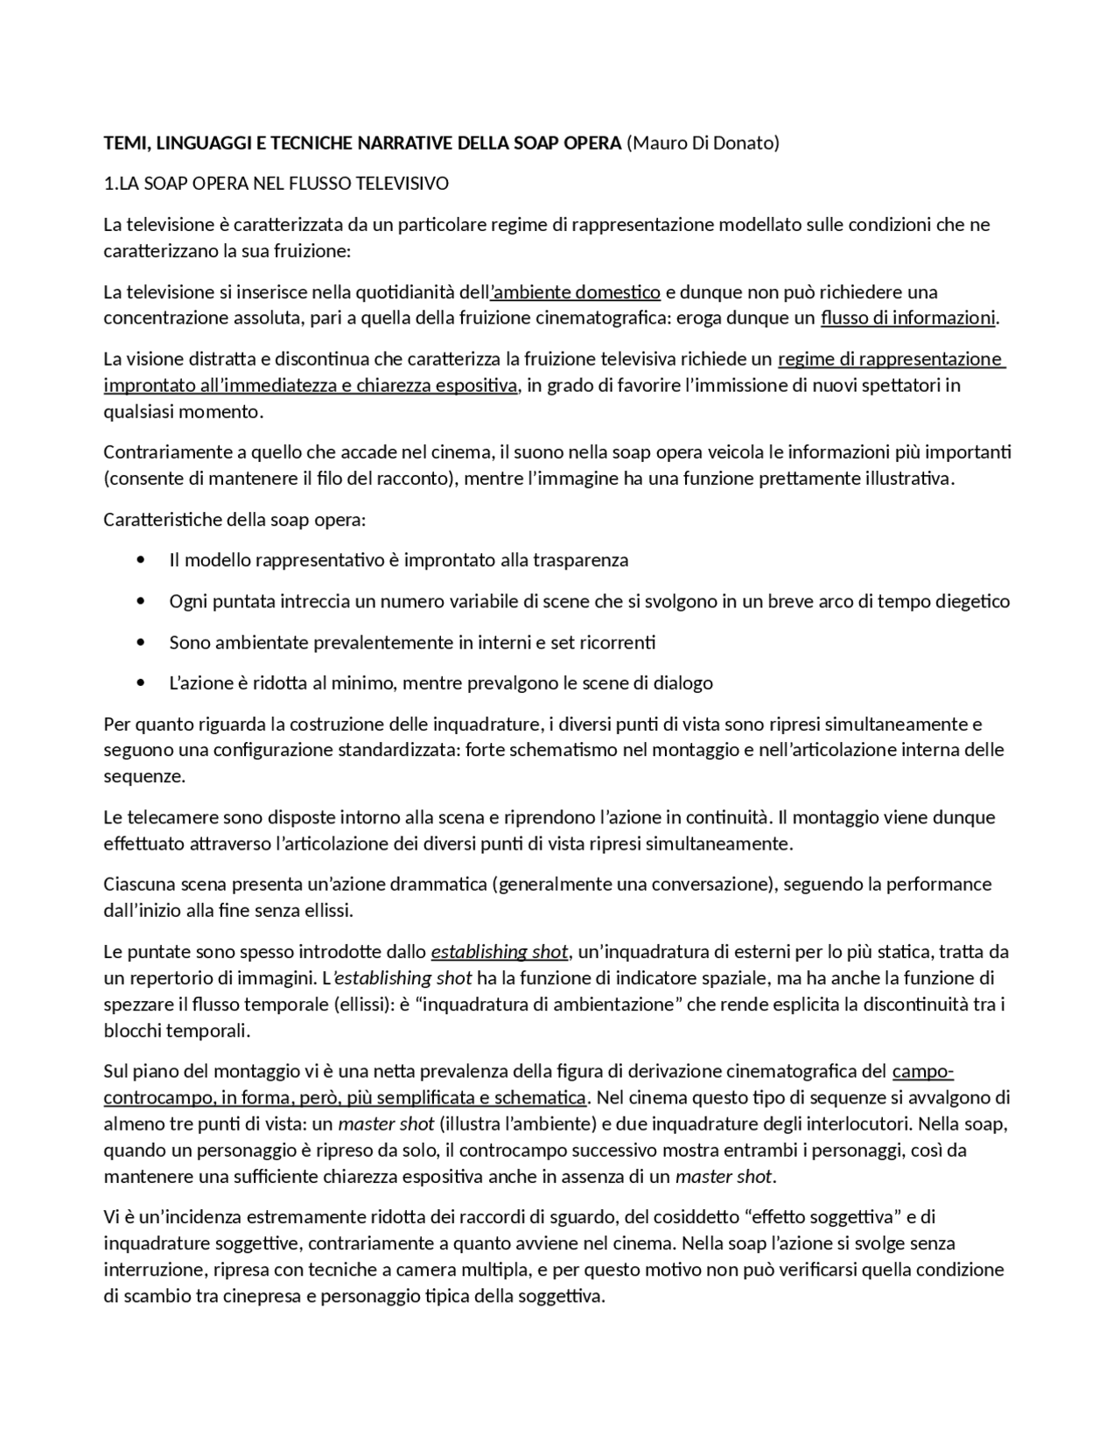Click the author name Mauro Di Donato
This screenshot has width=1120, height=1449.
[703, 143]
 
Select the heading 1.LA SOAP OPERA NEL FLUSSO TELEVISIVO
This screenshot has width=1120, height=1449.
[276, 184]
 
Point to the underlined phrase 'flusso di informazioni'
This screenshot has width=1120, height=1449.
[907, 318]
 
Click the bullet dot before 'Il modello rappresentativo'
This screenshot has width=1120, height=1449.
[142, 560]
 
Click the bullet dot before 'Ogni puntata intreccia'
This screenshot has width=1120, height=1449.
[142, 601]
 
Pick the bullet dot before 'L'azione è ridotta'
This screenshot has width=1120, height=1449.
[142, 682]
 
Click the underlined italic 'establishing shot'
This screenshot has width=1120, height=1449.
[499, 951]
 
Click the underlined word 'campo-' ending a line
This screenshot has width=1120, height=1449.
[922, 1071]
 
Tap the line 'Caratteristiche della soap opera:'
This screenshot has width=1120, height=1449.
[234, 520]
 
